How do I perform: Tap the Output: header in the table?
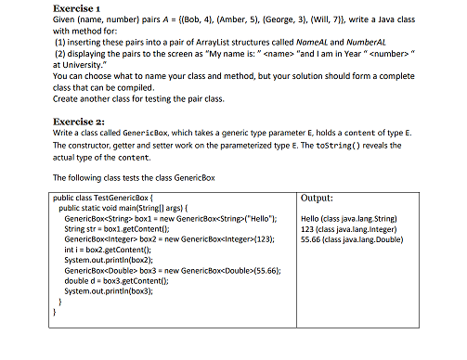pos(319,199)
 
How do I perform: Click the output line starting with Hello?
pos(351,218)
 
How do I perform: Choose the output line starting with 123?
pos(351,228)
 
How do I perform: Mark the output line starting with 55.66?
pos(352,238)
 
